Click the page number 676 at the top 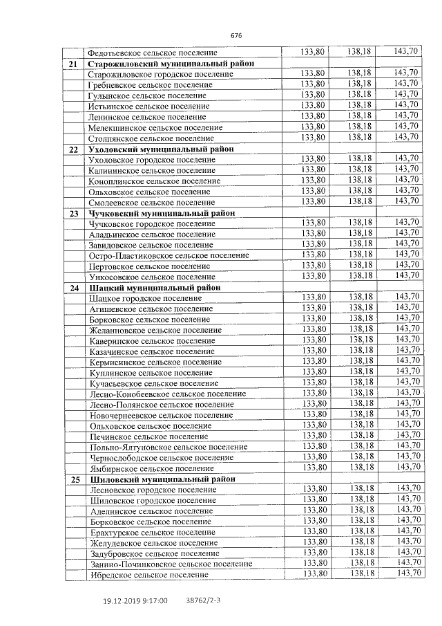pos(236,36)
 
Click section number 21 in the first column pos(73,64)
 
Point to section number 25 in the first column pos(74,479)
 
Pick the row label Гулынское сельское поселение pos(148,95)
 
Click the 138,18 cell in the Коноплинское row pos(360,180)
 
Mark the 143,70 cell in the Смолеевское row pos(406,201)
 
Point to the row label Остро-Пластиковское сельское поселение pos(170,255)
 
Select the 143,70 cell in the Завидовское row pos(406,243)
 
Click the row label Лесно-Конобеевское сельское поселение pos(168,394)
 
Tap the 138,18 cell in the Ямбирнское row pos(360,468)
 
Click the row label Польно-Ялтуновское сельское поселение pos(169,448)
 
